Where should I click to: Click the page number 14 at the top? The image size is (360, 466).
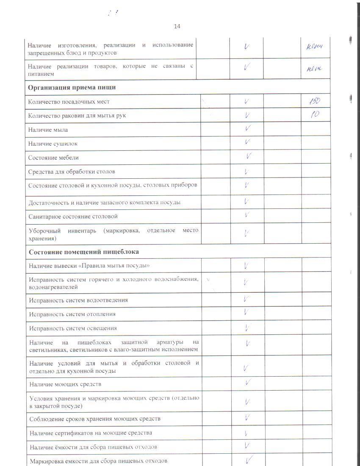(177, 27)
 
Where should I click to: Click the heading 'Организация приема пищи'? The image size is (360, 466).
(72, 87)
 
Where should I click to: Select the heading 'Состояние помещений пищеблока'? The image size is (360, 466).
(84, 252)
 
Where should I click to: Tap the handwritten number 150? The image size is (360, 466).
(315, 101)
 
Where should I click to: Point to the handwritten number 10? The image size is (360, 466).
(315, 114)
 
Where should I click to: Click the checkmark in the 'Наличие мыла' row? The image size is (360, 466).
(247, 128)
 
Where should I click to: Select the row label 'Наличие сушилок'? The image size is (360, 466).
(53, 144)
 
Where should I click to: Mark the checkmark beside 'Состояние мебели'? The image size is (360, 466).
(249, 156)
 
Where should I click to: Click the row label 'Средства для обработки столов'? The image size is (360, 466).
(72, 172)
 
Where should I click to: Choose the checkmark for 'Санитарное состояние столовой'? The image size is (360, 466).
(247, 215)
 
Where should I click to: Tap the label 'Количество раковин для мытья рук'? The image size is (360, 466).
(77, 115)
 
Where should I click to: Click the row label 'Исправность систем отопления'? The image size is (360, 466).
(72, 314)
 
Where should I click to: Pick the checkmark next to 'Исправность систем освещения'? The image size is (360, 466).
(248, 327)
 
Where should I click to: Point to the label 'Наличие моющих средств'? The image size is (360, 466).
(65, 384)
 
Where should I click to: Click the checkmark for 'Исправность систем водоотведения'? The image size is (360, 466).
(246, 299)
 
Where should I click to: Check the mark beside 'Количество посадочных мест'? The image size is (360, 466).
(246, 101)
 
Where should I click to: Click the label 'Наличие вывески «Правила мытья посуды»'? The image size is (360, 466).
(89, 266)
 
